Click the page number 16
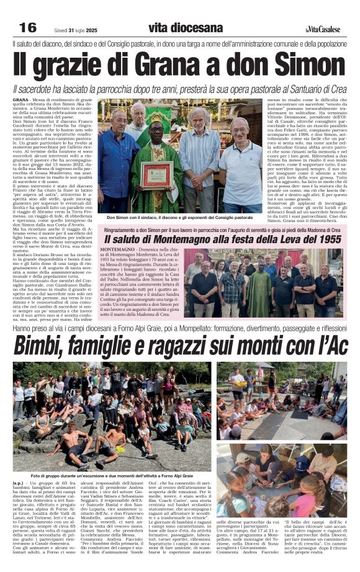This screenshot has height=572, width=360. pyautogui.click(x=28, y=27)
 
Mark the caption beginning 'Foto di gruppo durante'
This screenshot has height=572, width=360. pyautogui.click(x=112, y=475)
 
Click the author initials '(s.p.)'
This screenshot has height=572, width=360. pyautogui.click(x=19, y=482)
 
